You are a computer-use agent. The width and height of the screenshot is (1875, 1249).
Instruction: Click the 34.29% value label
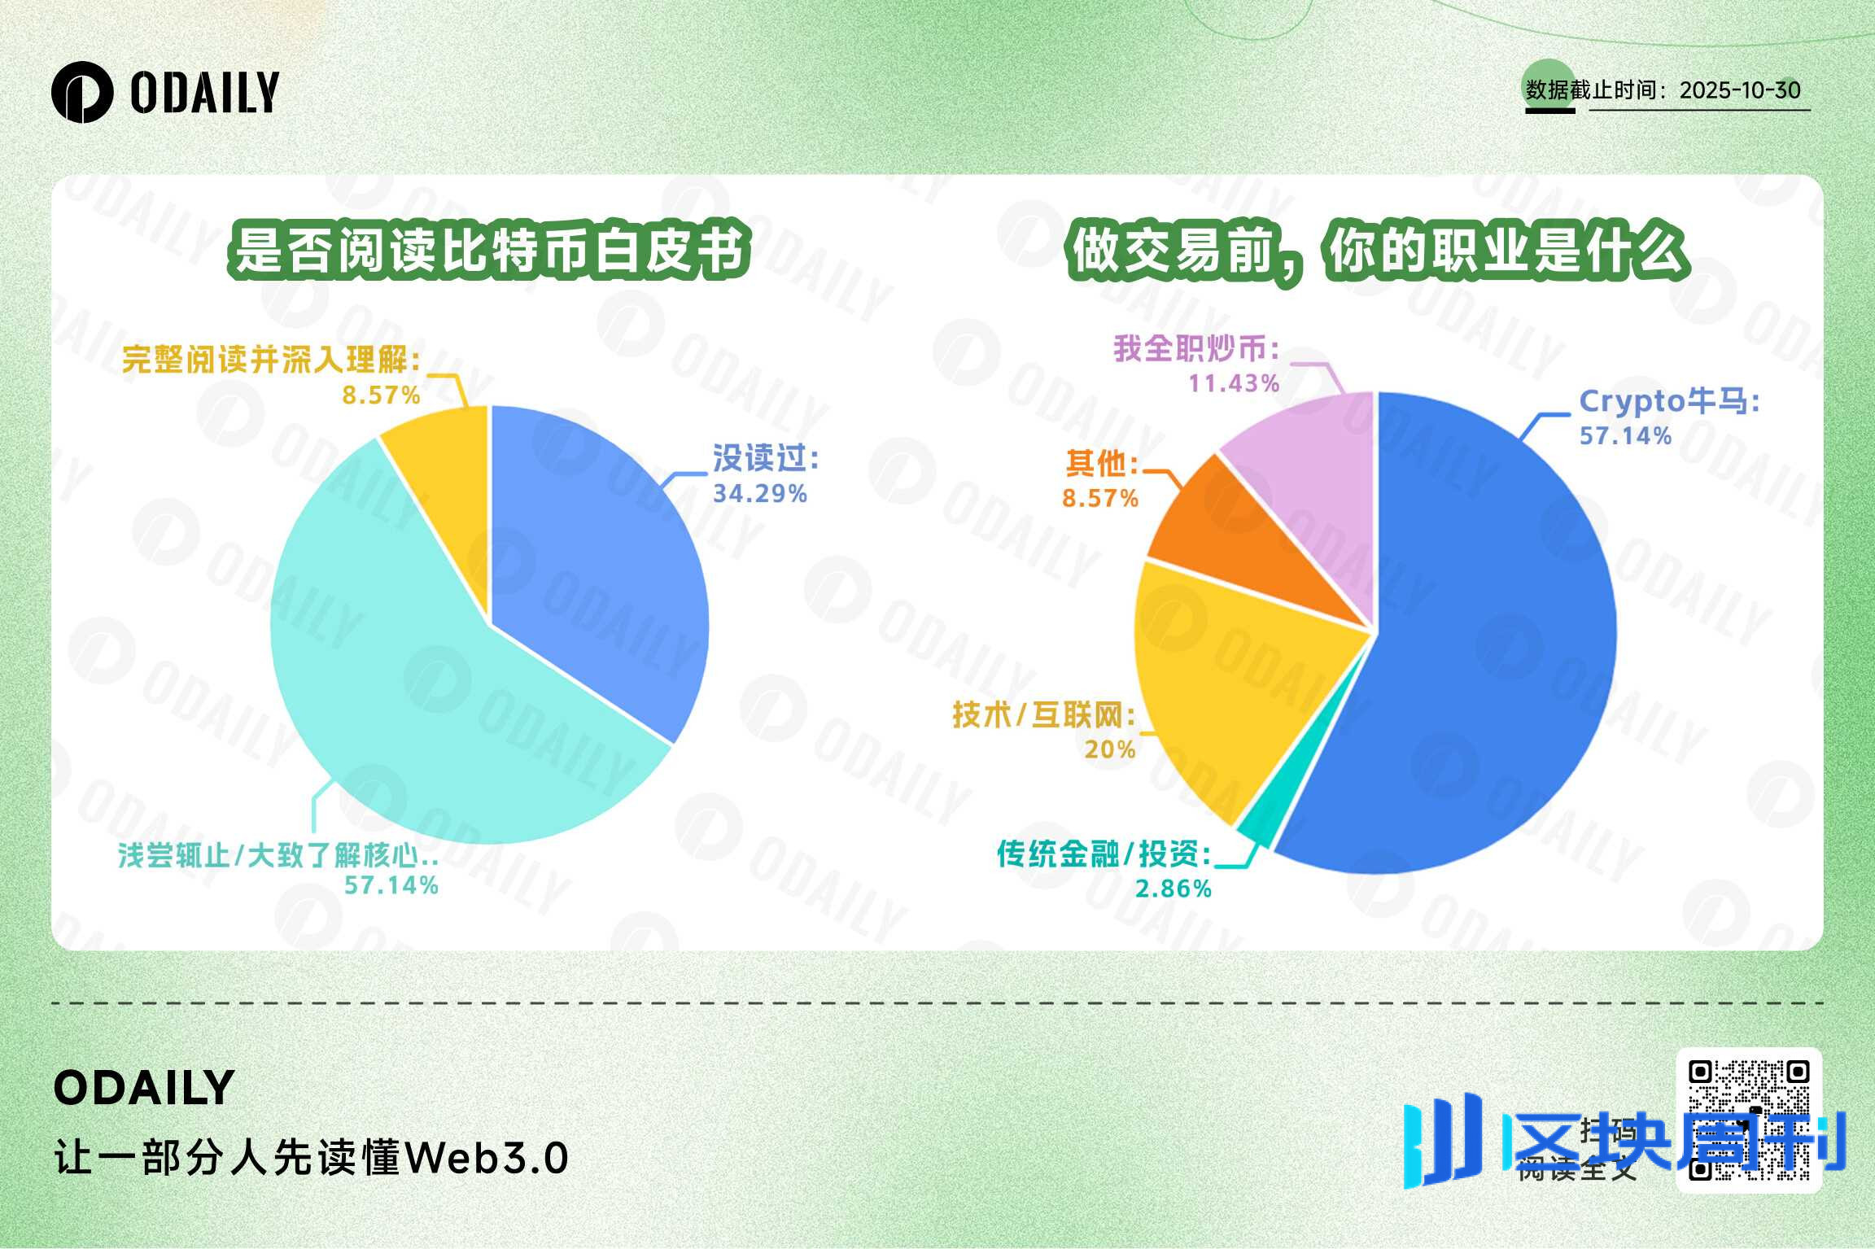(759, 494)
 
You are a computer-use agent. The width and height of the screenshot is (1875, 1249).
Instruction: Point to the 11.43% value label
(1234, 383)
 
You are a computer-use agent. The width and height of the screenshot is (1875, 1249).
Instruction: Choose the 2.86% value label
(1173, 889)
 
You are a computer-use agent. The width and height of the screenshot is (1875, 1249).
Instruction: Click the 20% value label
(1110, 749)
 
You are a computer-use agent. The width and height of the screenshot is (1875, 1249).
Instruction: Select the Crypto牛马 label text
(1669, 401)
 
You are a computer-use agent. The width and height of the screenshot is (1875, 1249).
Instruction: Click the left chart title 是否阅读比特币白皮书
(488, 250)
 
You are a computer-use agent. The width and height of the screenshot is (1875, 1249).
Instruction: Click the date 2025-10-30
(1740, 90)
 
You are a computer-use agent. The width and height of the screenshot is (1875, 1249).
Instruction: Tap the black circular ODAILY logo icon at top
(81, 92)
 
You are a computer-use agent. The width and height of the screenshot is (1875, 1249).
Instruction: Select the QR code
(1749, 1120)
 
